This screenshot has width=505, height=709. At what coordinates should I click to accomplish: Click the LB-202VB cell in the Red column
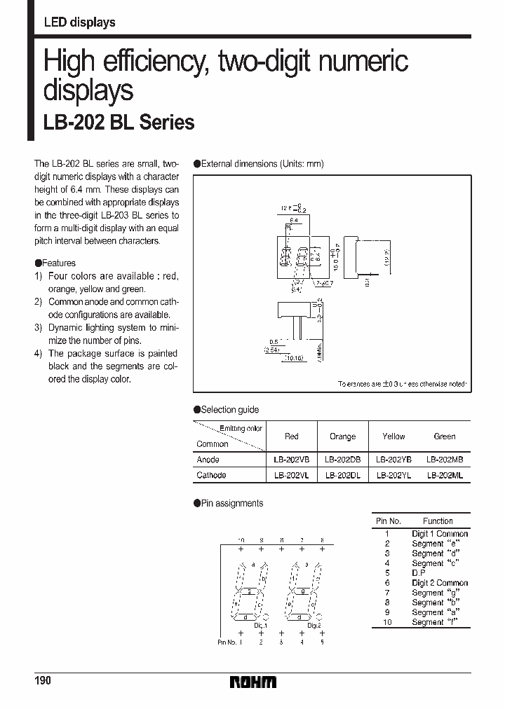click(291, 460)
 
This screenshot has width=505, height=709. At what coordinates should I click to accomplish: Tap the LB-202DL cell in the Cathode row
click(342, 474)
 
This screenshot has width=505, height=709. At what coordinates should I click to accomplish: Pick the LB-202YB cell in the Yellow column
click(393, 460)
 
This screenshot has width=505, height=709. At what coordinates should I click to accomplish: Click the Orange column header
click(342, 436)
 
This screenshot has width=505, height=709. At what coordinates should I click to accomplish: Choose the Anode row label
click(208, 460)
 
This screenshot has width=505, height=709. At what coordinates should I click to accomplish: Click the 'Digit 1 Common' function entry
click(439, 534)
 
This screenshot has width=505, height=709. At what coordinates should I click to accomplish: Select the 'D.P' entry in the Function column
click(419, 573)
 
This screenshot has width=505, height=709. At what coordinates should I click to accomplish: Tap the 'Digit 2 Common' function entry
click(439, 583)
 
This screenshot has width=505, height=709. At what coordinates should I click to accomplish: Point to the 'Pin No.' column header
click(388, 521)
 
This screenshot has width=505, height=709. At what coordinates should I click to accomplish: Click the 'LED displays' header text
click(79, 23)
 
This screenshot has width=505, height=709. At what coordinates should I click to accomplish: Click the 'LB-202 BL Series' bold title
click(119, 123)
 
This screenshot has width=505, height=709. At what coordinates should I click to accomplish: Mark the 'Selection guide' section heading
click(229, 410)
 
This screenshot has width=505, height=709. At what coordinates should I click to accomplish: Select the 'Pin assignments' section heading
click(232, 503)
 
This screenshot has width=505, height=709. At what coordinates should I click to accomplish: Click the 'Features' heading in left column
click(59, 263)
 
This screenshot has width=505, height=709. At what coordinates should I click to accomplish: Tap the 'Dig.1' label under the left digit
click(260, 625)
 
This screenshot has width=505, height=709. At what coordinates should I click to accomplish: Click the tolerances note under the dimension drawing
click(402, 384)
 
